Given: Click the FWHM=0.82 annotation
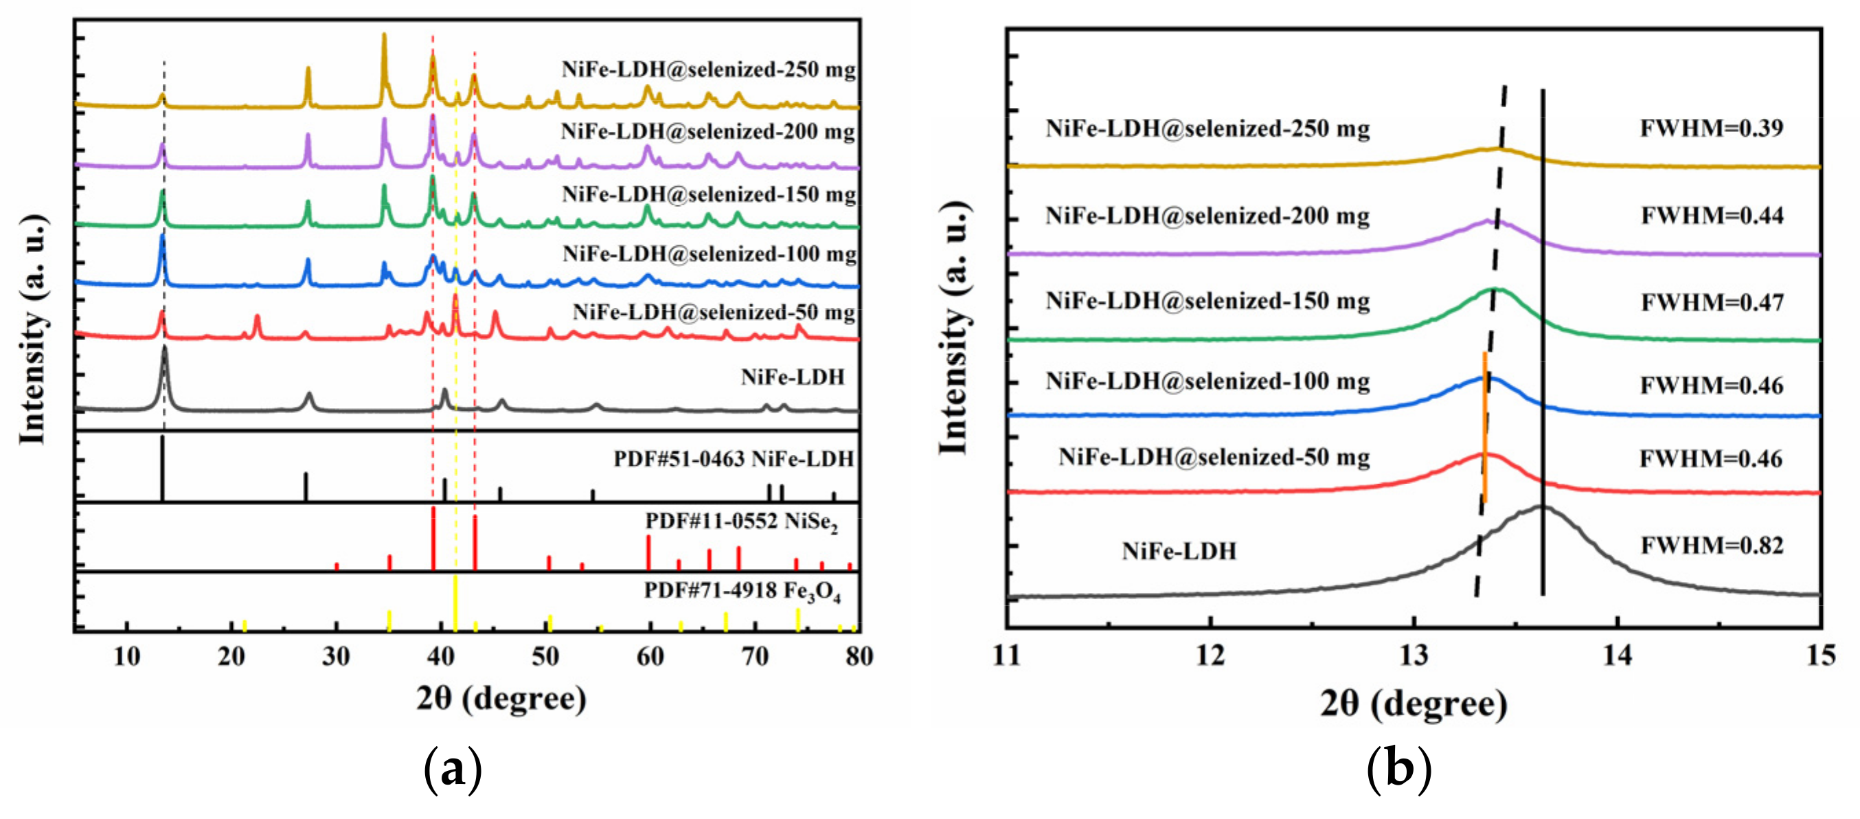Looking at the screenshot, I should point(1711,546).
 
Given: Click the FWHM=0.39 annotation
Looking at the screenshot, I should point(1711,128).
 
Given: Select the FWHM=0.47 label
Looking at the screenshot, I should point(1711,302).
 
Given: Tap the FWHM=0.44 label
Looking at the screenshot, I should point(1711,216).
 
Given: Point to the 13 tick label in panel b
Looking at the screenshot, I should point(1413,655).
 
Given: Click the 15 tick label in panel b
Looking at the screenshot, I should point(1820,655).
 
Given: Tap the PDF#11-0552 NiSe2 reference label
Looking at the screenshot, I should point(741,522).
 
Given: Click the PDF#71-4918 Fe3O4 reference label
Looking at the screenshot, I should point(742,592).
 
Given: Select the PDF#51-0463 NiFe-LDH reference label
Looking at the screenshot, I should point(734,460).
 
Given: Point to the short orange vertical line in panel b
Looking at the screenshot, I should point(1484,426).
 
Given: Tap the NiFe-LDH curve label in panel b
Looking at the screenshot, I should point(1179,552).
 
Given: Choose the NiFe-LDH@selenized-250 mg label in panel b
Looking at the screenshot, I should point(1207,129).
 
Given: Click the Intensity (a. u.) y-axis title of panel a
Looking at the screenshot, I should point(33,328).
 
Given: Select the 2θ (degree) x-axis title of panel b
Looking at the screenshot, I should point(1413,704).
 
